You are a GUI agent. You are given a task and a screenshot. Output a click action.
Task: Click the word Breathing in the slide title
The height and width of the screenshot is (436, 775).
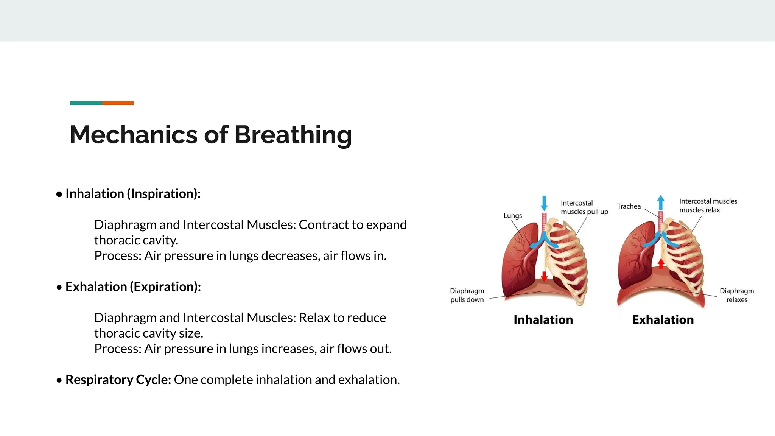(293, 135)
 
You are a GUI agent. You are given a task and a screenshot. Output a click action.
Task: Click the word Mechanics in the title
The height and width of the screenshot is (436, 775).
(133, 135)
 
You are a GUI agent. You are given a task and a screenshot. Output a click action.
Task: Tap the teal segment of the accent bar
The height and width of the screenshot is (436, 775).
(86, 103)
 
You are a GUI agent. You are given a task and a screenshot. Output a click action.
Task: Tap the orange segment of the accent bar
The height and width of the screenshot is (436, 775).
(118, 103)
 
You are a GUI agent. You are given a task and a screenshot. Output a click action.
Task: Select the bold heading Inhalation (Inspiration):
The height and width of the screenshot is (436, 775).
(133, 194)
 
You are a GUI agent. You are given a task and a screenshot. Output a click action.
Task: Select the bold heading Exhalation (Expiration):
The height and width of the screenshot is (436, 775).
(133, 287)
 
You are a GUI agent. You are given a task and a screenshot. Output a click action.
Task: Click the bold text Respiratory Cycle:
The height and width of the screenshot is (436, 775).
(118, 380)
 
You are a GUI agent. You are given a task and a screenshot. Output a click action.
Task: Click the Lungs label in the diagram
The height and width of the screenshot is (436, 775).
(513, 216)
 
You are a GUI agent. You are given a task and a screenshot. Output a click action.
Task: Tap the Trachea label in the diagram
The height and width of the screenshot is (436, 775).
(629, 206)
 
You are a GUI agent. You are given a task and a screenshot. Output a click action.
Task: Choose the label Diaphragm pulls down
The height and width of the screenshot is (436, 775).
(467, 295)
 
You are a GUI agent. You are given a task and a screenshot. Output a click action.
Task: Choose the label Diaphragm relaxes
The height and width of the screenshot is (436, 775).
(736, 295)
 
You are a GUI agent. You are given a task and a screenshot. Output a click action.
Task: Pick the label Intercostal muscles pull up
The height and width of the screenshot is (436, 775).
(584, 207)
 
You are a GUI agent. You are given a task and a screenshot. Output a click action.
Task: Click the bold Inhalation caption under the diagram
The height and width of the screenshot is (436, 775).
(543, 320)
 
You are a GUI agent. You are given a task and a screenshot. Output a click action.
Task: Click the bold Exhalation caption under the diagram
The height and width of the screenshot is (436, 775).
(663, 320)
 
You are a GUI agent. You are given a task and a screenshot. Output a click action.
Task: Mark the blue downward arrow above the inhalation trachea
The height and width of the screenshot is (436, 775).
(544, 203)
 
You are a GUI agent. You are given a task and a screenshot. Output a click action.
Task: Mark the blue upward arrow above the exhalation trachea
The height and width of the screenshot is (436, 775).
(661, 202)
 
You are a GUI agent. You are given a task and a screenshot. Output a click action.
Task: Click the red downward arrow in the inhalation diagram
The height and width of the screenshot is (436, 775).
(544, 276)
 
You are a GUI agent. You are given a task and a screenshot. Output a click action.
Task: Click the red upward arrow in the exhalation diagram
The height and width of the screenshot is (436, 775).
(661, 263)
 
